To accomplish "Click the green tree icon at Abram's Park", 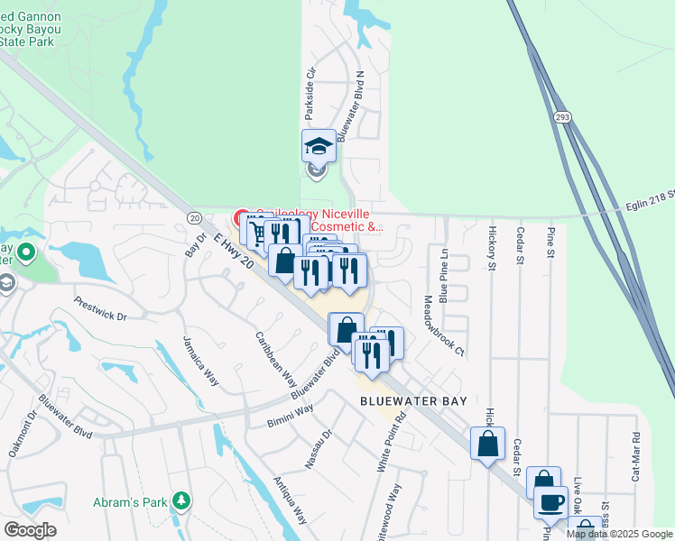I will click(181, 500).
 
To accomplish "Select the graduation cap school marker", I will click(319, 146).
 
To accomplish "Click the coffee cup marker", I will click(550, 502).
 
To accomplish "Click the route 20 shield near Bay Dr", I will click(194, 217).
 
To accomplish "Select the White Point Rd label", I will click(387, 442).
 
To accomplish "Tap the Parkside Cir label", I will click(310, 94).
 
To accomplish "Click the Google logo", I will click(30, 530).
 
